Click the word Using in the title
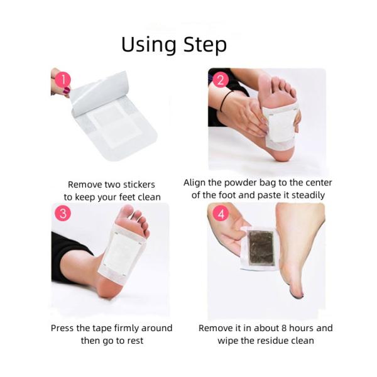point(148,45)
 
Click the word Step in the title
point(205,45)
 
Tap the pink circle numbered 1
point(62,79)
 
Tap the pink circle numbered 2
point(220,79)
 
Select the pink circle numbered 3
point(63,213)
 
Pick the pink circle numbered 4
point(221,213)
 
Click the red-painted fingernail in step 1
point(67,91)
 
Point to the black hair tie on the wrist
point(225,101)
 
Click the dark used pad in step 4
point(261,248)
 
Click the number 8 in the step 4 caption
point(284,328)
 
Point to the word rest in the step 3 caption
point(135,341)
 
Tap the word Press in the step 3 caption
point(62,328)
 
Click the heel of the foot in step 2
point(281,154)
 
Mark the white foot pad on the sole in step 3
point(123,254)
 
